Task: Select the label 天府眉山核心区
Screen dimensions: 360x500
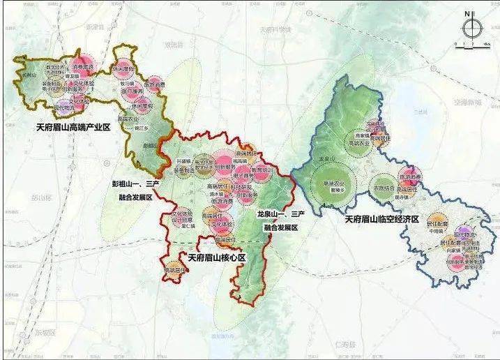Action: (x=213, y=258)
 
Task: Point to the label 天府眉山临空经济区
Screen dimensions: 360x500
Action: (x=381, y=219)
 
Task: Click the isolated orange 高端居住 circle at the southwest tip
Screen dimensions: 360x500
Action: (x=172, y=269)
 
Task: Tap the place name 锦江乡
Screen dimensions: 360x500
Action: (x=143, y=129)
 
